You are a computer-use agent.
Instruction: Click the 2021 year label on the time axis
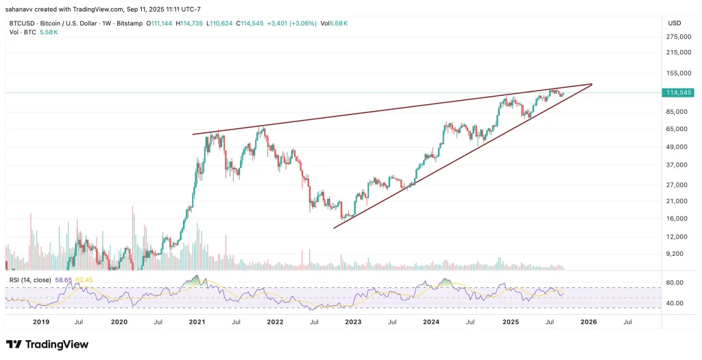[197, 321]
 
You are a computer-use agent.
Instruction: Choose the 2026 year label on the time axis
[588, 321]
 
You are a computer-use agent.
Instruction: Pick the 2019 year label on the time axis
[41, 321]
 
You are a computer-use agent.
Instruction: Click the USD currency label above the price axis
[675, 23]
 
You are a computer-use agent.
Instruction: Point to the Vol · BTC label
[19, 32]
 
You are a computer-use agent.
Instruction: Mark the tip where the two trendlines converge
[591, 84]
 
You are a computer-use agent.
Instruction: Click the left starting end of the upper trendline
[193, 134]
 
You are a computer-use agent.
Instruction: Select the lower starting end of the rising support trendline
[334, 228]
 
